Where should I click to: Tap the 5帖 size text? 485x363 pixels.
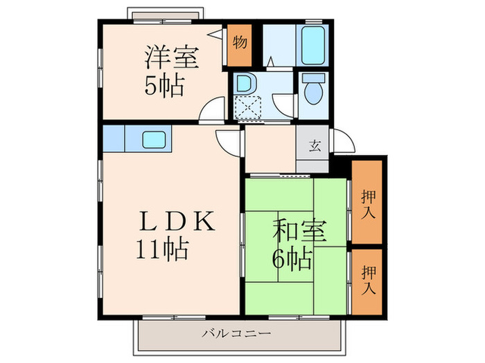tap(164, 86)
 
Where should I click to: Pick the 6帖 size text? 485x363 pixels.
tap(290, 259)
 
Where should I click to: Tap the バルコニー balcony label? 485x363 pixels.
tap(236, 333)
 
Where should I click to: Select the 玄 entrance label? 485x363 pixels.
tap(314, 146)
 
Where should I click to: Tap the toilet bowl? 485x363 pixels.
tap(313, 92)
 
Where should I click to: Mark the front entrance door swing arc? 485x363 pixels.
tap(344, 142)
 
